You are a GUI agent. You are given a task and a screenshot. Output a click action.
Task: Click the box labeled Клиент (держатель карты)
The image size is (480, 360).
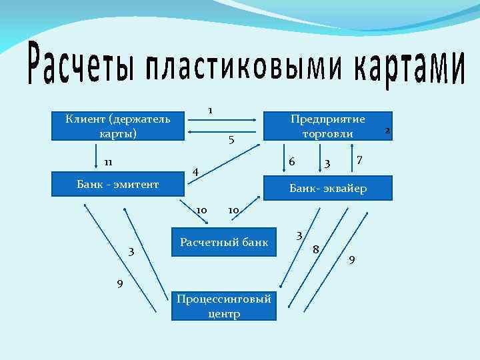117,125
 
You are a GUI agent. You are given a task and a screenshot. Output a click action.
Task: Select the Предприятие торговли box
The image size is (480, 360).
327,125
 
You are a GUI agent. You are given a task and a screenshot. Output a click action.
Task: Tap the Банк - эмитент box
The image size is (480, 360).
117,184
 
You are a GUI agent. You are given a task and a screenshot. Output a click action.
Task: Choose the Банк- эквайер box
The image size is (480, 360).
327,189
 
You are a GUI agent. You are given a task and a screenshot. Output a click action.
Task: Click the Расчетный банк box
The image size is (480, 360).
224,242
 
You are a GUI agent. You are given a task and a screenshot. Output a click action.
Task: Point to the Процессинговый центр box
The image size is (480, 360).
224,306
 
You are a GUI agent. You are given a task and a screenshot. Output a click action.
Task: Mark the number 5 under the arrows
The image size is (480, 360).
231,140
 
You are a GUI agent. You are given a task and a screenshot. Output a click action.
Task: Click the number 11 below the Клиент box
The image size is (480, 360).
107,162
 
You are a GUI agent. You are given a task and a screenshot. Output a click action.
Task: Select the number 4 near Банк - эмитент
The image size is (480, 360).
195,173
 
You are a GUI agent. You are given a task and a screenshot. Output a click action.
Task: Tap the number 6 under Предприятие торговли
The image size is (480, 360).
292,161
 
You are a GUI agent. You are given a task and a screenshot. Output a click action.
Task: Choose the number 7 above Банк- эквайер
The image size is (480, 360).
359,159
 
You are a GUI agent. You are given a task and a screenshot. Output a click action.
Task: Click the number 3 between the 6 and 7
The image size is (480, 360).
327,163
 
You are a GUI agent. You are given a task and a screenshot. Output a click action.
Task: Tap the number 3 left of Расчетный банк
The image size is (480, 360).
131,252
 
